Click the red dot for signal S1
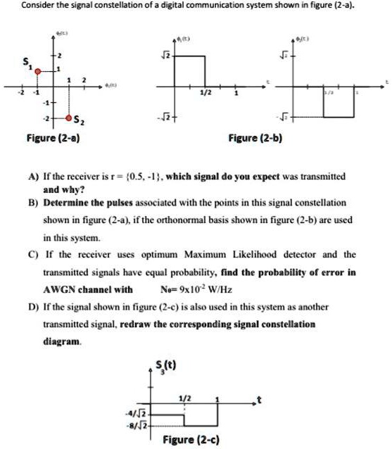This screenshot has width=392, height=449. [39, 70]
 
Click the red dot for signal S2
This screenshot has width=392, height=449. [69, 118]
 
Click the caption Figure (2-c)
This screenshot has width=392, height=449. [184, 440]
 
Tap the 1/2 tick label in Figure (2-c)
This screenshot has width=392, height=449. [184, 398]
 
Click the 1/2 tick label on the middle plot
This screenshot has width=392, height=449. [205, 94]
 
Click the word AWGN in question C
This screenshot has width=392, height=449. [61, 289]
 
